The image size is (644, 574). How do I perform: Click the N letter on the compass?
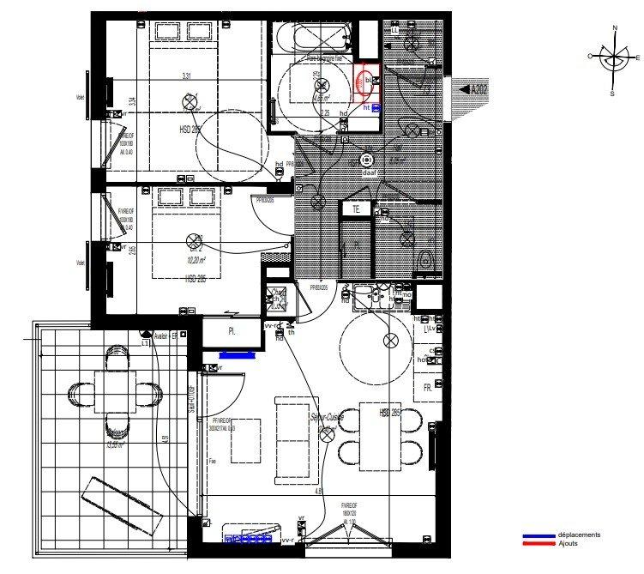(x=614, y=28)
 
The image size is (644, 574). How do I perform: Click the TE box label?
(x=354, y=208)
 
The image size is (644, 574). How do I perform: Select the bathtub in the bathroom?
(x=311, y=36)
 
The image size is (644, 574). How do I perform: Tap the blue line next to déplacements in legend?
(x=540, y=535)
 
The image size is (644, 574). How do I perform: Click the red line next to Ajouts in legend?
(x=540, y=543)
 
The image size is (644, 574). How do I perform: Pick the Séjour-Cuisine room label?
(x=326, y=418)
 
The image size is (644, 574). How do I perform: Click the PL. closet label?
(x=232, y=329)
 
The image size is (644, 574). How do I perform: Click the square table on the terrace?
(x=114, y=392)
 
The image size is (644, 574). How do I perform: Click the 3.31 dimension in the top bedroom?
(x=186, y=77)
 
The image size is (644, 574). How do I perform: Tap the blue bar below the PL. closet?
(x=238, y=353)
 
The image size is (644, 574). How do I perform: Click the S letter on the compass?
(x=612, y=93)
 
